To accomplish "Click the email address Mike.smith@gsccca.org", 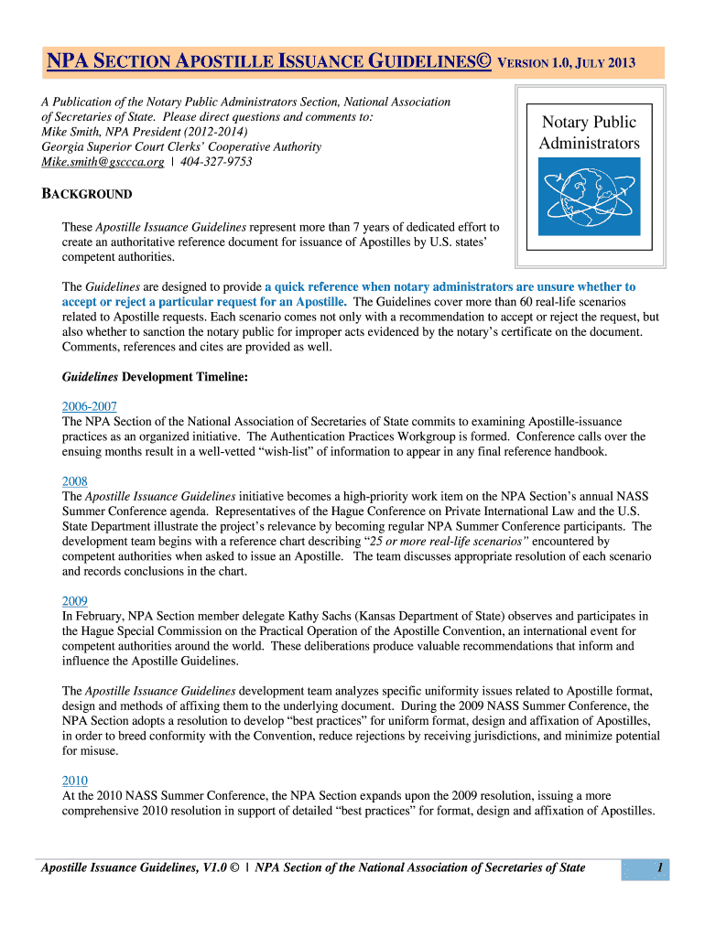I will click(x=103, y=162).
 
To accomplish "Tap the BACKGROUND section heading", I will click(x=88, y=194).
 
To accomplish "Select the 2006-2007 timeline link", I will click(x=89, y=406).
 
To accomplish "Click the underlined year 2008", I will click(x=74, y=481).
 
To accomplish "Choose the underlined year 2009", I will click(x=74, y=601).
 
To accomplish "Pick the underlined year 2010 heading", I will click(x=74, y=781).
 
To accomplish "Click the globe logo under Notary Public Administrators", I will click(x=589, y=196).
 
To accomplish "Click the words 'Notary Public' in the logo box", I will click(x=589, y=123).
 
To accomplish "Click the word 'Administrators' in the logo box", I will click(x=589, y=144).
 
